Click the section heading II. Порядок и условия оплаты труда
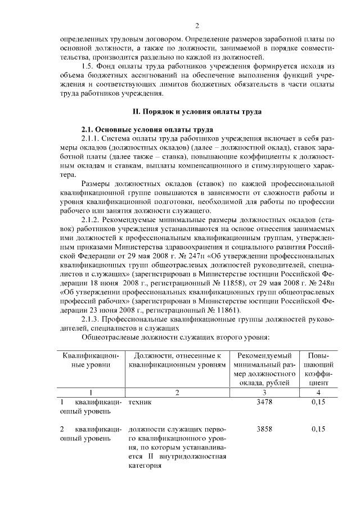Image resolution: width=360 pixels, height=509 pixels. [197, 111]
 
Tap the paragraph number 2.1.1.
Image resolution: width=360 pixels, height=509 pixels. [91, 138]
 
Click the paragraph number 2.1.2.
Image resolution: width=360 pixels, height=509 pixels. [91, 219]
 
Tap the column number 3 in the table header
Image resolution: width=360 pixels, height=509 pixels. [264, 392]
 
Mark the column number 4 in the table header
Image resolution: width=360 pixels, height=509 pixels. [318, 392]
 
